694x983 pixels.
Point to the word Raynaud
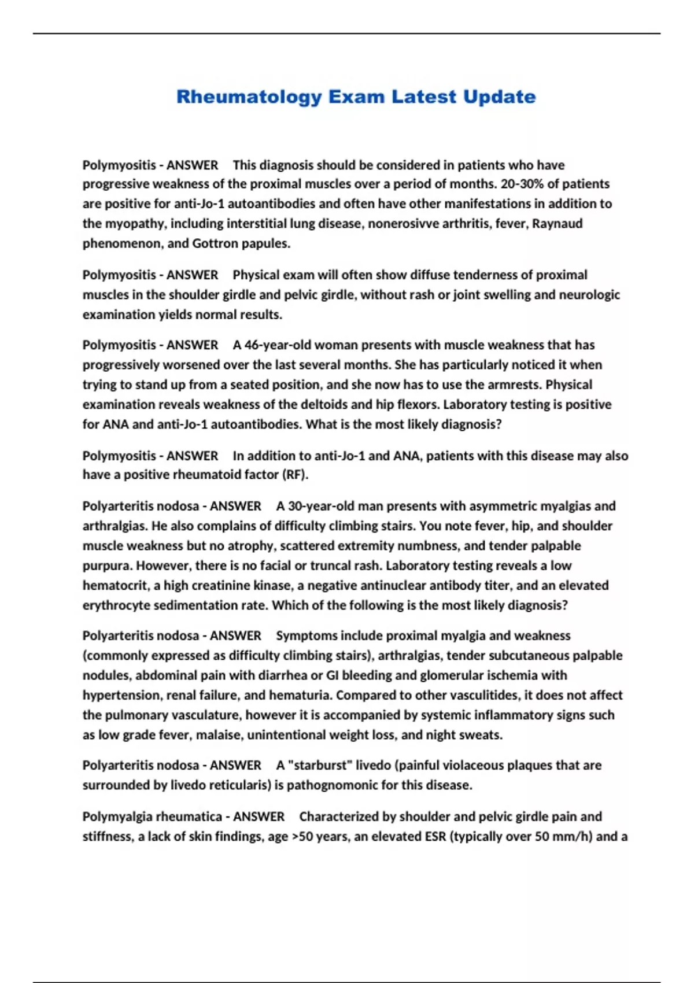[558, 224]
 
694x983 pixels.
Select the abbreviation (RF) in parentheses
[295, 475]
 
